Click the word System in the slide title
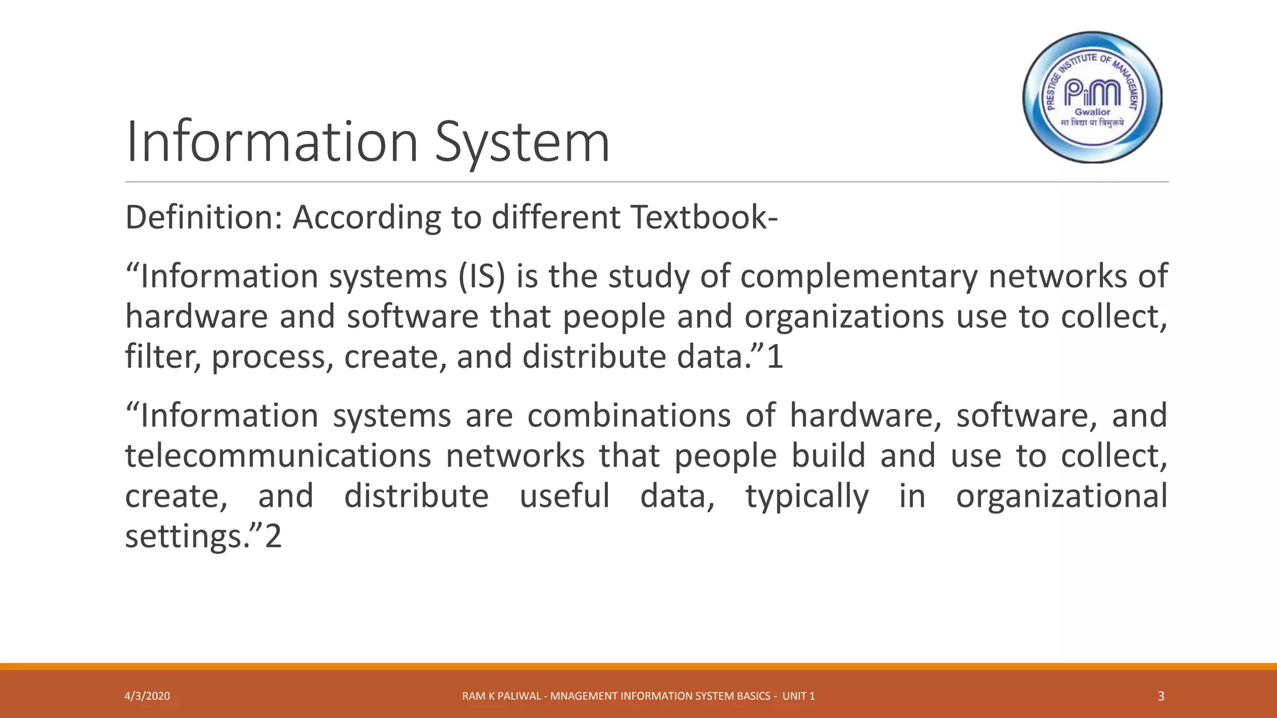(522, 142)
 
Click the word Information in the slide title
(272, 142)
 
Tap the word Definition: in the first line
(204, 218)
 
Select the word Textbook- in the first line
(704, 218)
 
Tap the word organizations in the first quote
(844, 317)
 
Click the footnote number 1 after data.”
(774, 357)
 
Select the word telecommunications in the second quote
(278, 456)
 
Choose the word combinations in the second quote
(629, 416)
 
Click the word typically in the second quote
(807, 497)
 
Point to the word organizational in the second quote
(1061, 497)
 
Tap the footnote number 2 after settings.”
(274, 536)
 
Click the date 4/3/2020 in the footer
(147, 696)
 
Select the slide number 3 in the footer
(1160, 696)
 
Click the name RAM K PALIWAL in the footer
(501, 696)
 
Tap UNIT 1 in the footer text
(798, 696)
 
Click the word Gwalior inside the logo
(1092, 112)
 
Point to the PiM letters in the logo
(1092, 93)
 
